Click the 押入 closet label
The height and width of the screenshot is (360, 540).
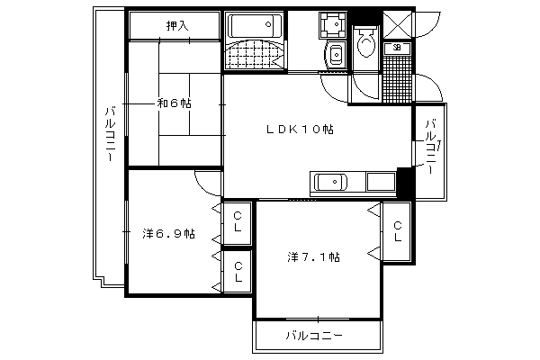(x=177, y=25)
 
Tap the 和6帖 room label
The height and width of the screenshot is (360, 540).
(x=174, y=103)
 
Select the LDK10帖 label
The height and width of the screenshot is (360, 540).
(x=300, y=130)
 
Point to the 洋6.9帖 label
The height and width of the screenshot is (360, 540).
(x=169, y=234)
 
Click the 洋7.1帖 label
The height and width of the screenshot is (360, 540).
(x=313, y=257)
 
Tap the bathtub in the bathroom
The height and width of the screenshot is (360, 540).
(x=254, y=25)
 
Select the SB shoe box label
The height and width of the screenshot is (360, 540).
(x=397, y=48)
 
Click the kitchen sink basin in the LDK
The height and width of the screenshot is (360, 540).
(x=331, y=182)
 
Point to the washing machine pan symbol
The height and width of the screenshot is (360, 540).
(x=333, y=24)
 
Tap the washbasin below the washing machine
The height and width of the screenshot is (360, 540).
(x=336, y=55)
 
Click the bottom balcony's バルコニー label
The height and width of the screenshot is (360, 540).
(x=314, y=336)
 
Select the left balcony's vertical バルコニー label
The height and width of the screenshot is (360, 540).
(x=110, y=134)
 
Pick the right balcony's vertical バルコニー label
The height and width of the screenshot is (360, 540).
(x=431, y=147)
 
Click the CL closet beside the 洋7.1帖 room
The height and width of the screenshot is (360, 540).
(x=397, y=231)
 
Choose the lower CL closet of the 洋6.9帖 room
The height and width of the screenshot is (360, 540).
(x=238, y=272)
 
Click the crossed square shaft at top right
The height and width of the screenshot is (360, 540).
(x=397, y=25)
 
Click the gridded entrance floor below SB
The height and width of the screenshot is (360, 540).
(x=397, y=79)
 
